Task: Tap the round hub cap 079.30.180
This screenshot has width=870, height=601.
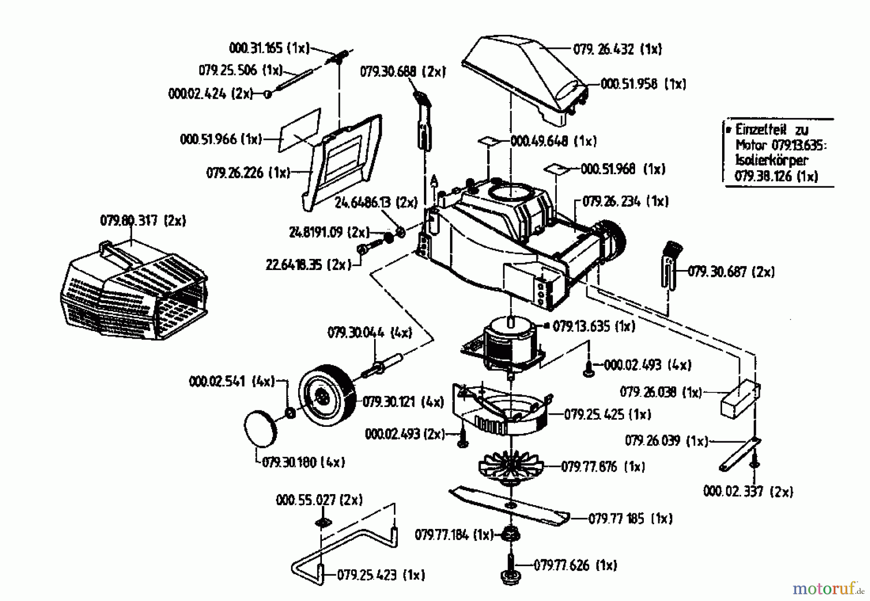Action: (261, 429)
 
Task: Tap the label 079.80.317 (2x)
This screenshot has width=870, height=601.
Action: (143, 221)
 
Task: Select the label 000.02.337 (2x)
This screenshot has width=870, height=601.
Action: (748, 492)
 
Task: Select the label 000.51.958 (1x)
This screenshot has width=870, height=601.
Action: (643, 84)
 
